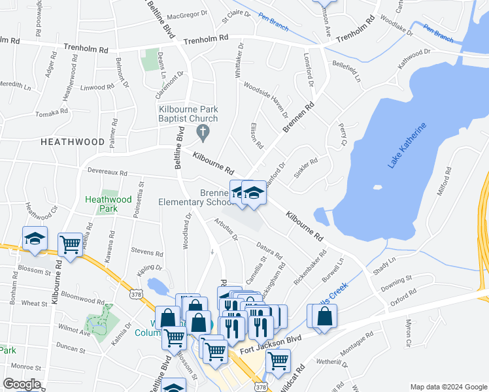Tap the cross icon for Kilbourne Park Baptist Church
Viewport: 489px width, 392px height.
tap(203, 133)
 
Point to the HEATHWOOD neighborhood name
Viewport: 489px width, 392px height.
tap(73, 141)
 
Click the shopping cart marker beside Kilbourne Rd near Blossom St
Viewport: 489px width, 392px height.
tap(71, 244)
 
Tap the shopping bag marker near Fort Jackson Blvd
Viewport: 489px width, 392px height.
tap(324, 316)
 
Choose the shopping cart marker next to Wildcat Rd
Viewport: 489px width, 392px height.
tap(278, 359)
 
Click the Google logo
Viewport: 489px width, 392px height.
tap(22, 384)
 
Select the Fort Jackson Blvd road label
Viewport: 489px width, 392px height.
tap(270, 345)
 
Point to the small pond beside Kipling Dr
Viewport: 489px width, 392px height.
tap(158, 286)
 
